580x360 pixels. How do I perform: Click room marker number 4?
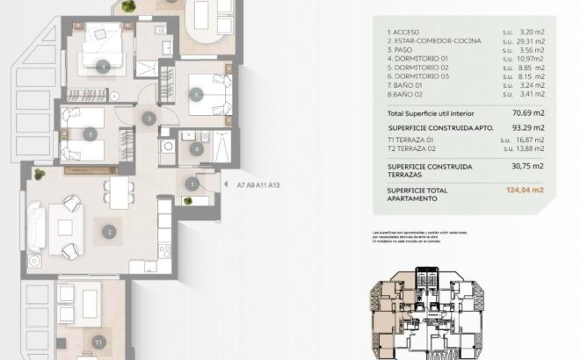105,66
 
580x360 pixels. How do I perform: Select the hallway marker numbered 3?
150,118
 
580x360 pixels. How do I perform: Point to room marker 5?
91,133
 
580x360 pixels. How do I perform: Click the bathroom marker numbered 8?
196,148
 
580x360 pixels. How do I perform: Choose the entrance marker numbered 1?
192,184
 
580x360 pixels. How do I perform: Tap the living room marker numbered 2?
108,232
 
